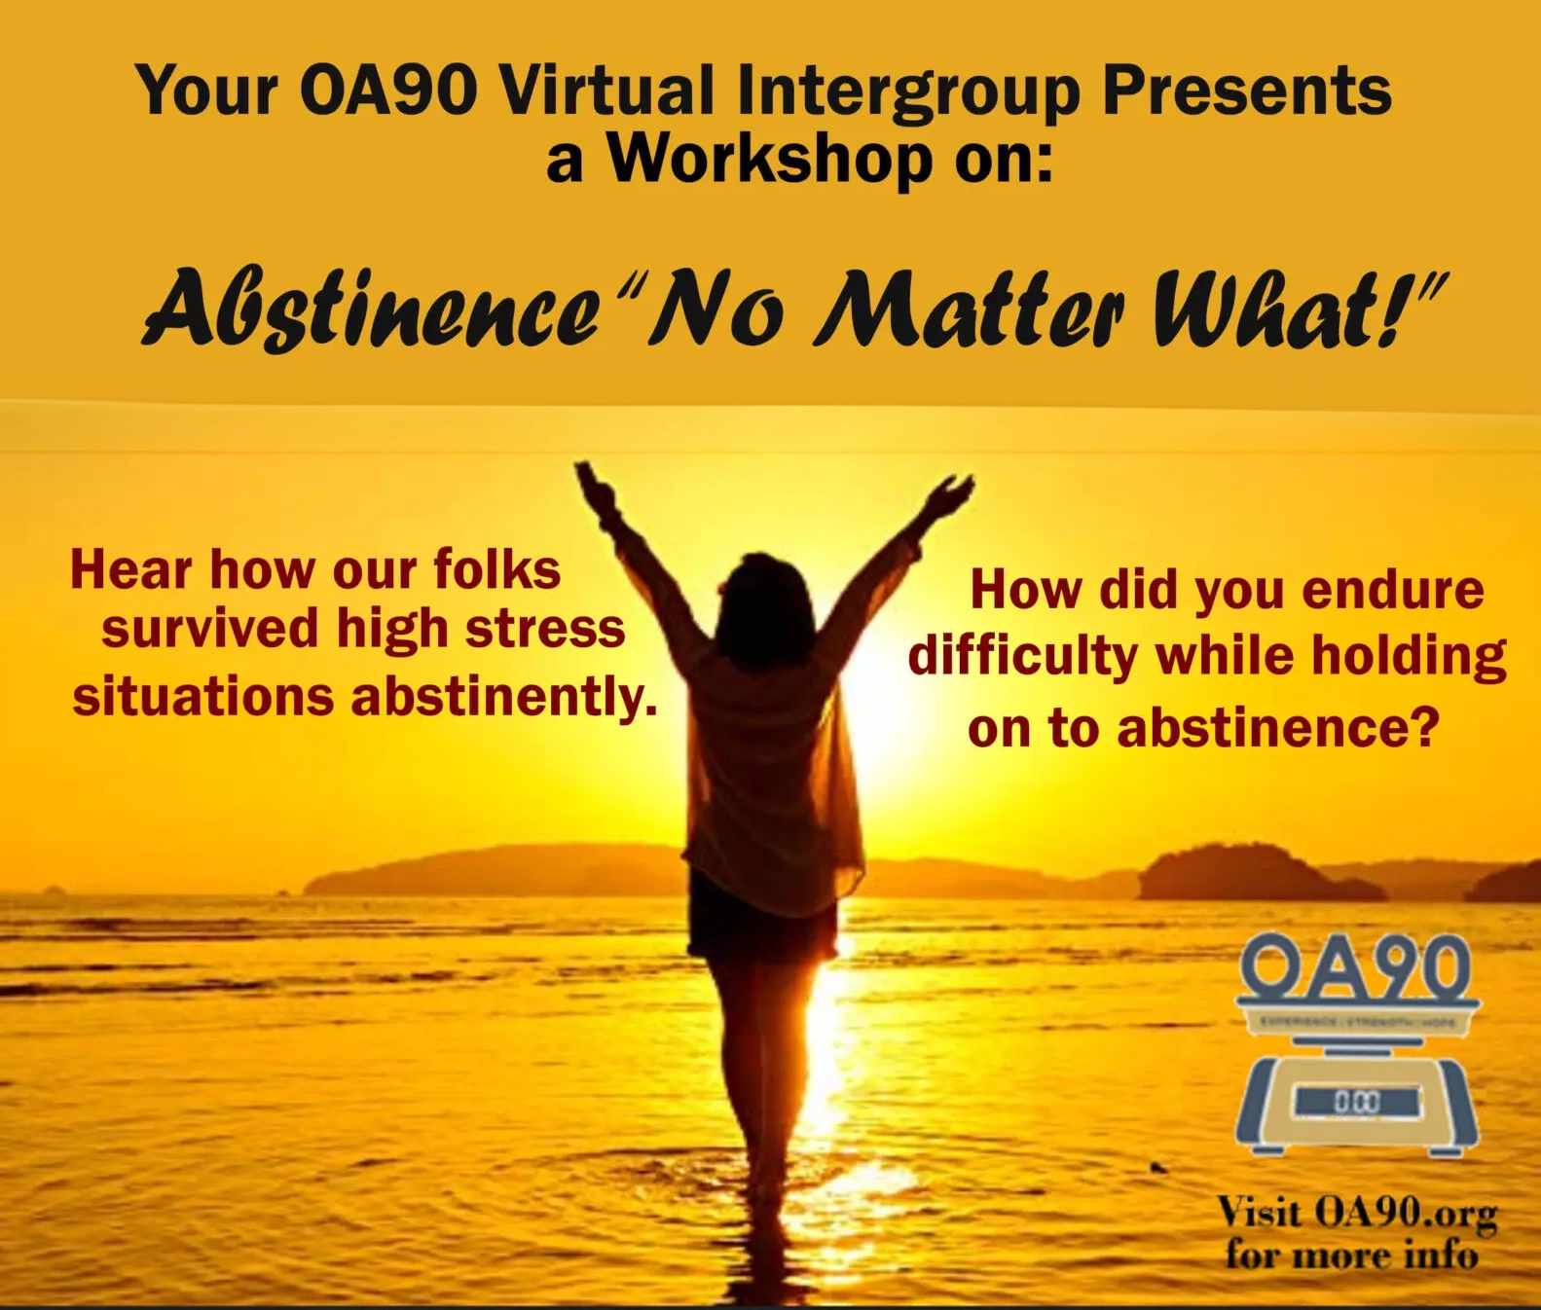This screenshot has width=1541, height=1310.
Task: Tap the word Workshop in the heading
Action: pos(770,158)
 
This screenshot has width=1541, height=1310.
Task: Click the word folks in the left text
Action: pos(496,569)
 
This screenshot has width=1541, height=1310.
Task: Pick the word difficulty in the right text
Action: pos(1022,657)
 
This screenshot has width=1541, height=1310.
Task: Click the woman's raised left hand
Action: pos(594,487)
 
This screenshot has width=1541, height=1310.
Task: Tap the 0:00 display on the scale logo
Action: pos(1356,1102)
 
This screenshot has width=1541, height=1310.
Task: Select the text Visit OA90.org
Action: pos(1356,1213)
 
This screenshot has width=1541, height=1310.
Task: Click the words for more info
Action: pos(1351,1255)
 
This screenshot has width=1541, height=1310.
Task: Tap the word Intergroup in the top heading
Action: pos(908,92)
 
